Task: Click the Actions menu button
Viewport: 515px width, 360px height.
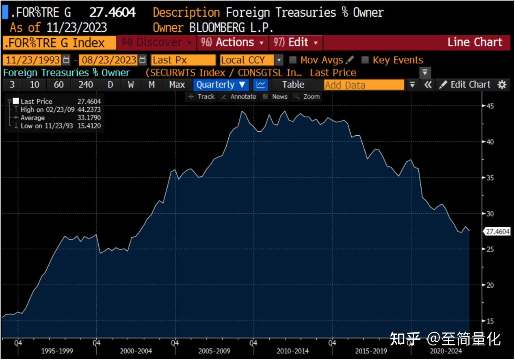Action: coord(232,43)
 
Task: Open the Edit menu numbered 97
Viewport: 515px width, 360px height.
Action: coord(296,43)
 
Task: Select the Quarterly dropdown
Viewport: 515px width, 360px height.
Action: coord(221,85)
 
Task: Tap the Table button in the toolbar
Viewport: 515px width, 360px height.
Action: coord(293,85)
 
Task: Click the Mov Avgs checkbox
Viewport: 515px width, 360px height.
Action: coord(292,60)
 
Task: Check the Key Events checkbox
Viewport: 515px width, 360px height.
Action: coord(365,60)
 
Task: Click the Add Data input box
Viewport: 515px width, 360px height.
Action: coord(364,85)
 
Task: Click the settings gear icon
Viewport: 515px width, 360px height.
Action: coord(502,85)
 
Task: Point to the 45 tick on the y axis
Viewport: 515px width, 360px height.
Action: coord(490,106)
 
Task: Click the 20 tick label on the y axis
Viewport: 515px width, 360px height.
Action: coord(490,285)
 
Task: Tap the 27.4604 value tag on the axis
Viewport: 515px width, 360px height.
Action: coord(497,232)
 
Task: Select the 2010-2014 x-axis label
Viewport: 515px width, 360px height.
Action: coord(292,351)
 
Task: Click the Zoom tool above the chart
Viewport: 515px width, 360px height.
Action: coord(307,97)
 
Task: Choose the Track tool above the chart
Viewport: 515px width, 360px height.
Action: coord(202,97)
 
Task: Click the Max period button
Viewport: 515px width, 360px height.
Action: coord(177,85)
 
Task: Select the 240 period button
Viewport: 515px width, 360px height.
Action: coord(85,85)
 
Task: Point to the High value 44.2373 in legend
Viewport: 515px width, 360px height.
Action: coord(89,110)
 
